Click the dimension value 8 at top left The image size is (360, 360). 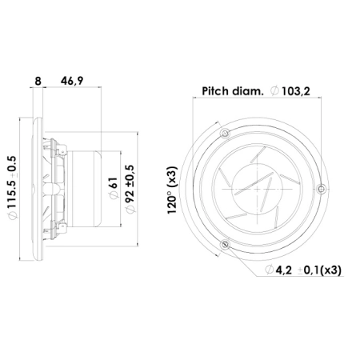38,81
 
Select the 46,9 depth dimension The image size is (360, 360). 72,81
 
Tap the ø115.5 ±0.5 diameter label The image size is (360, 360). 13,187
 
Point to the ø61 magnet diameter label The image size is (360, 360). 114,188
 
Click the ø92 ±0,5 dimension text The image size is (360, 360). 130,189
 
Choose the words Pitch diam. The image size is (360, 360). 233,91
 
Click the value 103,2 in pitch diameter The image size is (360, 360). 296,91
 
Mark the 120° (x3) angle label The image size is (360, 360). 172,190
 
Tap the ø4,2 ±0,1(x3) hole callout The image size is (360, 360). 303,270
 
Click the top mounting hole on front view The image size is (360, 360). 226,134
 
